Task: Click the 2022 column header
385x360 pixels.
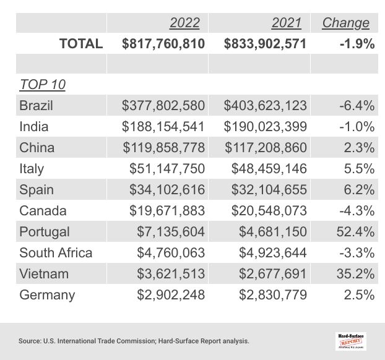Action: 184,23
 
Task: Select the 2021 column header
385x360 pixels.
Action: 286,23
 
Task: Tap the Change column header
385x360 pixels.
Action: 345,23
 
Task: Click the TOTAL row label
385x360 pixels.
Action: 80,43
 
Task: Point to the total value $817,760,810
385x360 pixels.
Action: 163,43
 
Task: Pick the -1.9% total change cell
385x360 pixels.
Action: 356,43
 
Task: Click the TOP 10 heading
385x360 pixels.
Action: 43,84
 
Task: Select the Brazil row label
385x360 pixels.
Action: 37,105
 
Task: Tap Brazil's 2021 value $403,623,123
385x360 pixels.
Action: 265,105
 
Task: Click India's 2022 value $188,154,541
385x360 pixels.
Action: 163,126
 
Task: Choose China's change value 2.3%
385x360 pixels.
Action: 361,147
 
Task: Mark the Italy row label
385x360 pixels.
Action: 32,168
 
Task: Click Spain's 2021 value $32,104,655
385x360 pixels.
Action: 269,189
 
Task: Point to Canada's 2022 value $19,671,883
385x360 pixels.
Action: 167,210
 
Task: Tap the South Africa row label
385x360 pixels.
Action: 56,252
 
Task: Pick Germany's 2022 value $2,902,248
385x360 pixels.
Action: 171,294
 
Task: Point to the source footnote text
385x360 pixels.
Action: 134,340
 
